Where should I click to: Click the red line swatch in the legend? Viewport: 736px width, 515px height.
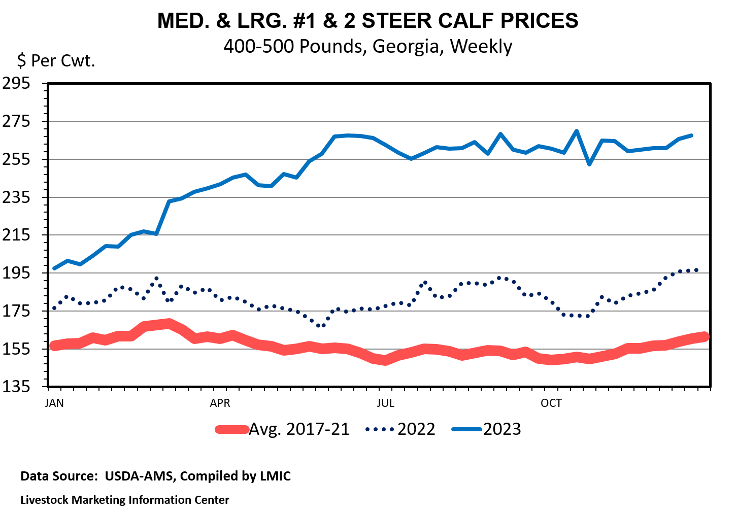pos(232,430)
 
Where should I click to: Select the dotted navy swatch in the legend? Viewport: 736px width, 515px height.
pos(379,429)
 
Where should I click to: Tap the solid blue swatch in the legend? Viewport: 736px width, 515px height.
pos(466,429)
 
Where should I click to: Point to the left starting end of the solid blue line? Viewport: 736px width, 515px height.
pos(54,268)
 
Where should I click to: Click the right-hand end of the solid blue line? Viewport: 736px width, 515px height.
pos(691,135)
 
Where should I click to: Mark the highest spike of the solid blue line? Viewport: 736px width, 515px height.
pos(577,131)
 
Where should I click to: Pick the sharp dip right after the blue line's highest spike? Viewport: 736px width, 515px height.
pos(589,164)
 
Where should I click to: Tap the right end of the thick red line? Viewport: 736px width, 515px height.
pos(705,336)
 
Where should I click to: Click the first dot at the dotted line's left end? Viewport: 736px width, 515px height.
pos(54,308)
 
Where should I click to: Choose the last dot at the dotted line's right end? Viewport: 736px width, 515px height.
pos(696,270)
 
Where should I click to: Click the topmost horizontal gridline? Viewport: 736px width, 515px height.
pos(379,121)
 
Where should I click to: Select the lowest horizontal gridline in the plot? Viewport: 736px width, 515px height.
pos(379,349)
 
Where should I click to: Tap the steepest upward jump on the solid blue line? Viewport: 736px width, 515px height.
pos(163,218)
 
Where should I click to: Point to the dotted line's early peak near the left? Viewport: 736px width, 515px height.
pos(156,278)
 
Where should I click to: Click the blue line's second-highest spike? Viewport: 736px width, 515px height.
pos(500,134)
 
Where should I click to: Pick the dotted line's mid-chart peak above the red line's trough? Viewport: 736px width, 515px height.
pos(425,282)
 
